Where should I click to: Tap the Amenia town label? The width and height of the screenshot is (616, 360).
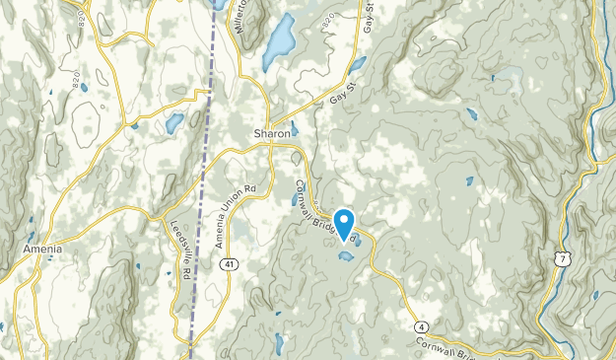pyautogui.click(x=42, y=251)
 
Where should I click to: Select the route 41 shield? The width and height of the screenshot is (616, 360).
pyautogui.click(x=228, y=264)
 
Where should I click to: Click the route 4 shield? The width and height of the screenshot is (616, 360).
pyautogui.click(x=421, y=326)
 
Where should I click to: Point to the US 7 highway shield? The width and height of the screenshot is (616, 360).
pyautogui.click(x=563, y=257)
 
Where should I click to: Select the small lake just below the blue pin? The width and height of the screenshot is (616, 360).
pyautogui.click(x=346, y=256)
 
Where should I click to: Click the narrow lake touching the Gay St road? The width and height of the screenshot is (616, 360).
pyautogui.click(x=357, y=65)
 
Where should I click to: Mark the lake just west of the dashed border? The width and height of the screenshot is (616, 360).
pyautogui.click(x=174, y=123)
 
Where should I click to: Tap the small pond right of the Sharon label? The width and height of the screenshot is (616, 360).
pyautogui.click(x=294, y=128)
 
